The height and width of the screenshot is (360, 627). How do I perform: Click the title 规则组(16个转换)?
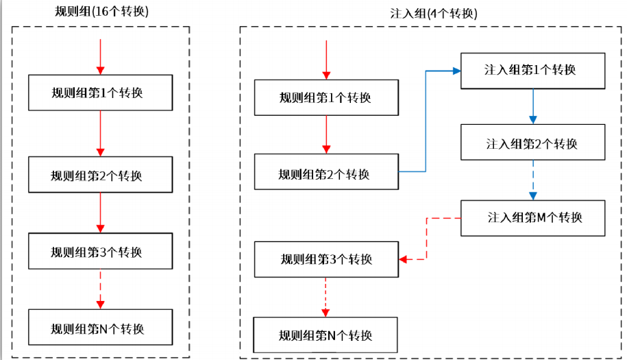[x=101, y=12]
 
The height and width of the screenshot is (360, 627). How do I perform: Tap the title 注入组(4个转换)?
[x=431, y=14]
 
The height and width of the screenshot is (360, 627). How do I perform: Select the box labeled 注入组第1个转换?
[x=532, y=70]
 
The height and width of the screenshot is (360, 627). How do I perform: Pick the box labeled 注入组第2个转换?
[x=532, y=143]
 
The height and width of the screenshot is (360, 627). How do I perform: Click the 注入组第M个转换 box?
[x=532, y=218]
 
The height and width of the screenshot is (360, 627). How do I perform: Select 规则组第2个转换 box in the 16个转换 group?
[x=99, y=174]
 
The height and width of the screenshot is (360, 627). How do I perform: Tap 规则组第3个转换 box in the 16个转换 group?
[x=99, y=251]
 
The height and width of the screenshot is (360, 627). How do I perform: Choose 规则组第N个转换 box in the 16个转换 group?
[x=99, y=328]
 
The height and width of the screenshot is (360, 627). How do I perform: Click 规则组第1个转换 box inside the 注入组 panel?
[x=326, y=97]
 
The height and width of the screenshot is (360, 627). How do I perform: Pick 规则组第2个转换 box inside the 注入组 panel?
[x=326, y=173]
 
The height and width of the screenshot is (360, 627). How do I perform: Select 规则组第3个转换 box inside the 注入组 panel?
[x=326, y=259]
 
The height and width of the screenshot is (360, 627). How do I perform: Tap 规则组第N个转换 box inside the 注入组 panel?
[x=326, y=335]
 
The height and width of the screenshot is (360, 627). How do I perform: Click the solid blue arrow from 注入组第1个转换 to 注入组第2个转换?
[x=532, y=107]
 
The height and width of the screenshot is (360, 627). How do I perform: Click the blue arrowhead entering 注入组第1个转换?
[x=455, y=70]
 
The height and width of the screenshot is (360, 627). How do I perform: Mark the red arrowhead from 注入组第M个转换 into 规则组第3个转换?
[x=403, y=259]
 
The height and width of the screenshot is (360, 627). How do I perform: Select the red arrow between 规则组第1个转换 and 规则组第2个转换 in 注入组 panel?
[x=326, y=134]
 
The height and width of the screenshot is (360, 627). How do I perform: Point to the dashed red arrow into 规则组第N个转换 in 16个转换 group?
[x=100, y=289]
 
